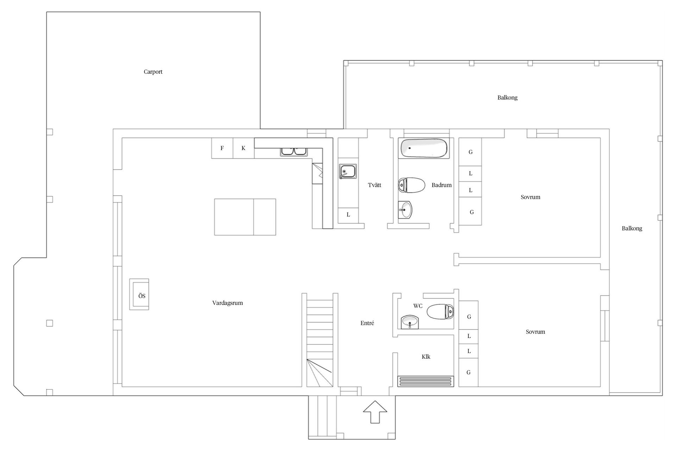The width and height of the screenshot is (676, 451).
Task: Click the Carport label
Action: click(x=153, y=72)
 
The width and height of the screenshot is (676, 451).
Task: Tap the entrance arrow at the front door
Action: click(x=375, y=412)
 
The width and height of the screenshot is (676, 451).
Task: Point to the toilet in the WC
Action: click(x=440, y=312)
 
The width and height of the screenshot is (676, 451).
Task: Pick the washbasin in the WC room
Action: click(x=410, y=322)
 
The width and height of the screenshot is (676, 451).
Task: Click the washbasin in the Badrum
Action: click(x=406, y=210)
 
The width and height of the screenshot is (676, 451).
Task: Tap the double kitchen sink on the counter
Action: click(x=294, y=152)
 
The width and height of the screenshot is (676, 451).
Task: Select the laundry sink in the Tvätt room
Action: click(x=348, y=172)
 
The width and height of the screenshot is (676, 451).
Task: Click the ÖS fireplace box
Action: click(x=139, y=295)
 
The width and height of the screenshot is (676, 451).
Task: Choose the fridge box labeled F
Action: click(x=222, y=148)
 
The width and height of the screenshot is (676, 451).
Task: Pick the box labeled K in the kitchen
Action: click(x=244, y=148)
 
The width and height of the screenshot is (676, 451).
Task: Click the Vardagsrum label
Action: click(x=227, y=303)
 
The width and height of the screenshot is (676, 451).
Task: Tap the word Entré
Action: click(x=367, y=323)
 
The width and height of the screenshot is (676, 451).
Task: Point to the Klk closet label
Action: click(x=426, y=357)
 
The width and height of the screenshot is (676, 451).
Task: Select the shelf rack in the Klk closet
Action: click(x=426, y=382)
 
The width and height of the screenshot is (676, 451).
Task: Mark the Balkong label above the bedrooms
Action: click(x=507, y=98)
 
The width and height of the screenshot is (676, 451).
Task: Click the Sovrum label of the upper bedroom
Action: click(x=530, y=197)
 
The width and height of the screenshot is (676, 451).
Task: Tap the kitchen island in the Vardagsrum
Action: click(x=245, y=217)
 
